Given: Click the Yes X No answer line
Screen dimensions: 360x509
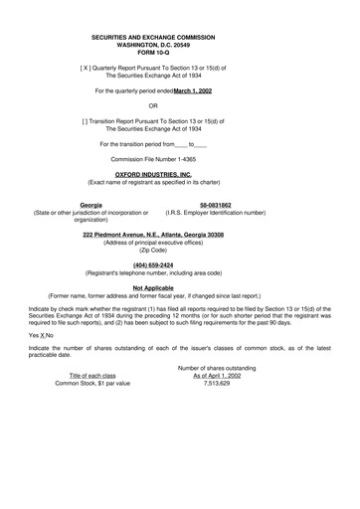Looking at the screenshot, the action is pos(41,336).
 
